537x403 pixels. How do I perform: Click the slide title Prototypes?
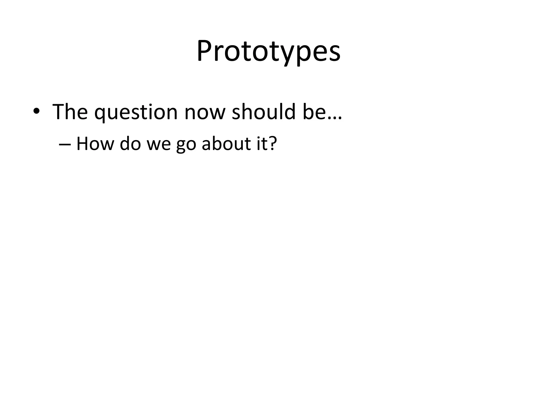coord(268,51)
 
